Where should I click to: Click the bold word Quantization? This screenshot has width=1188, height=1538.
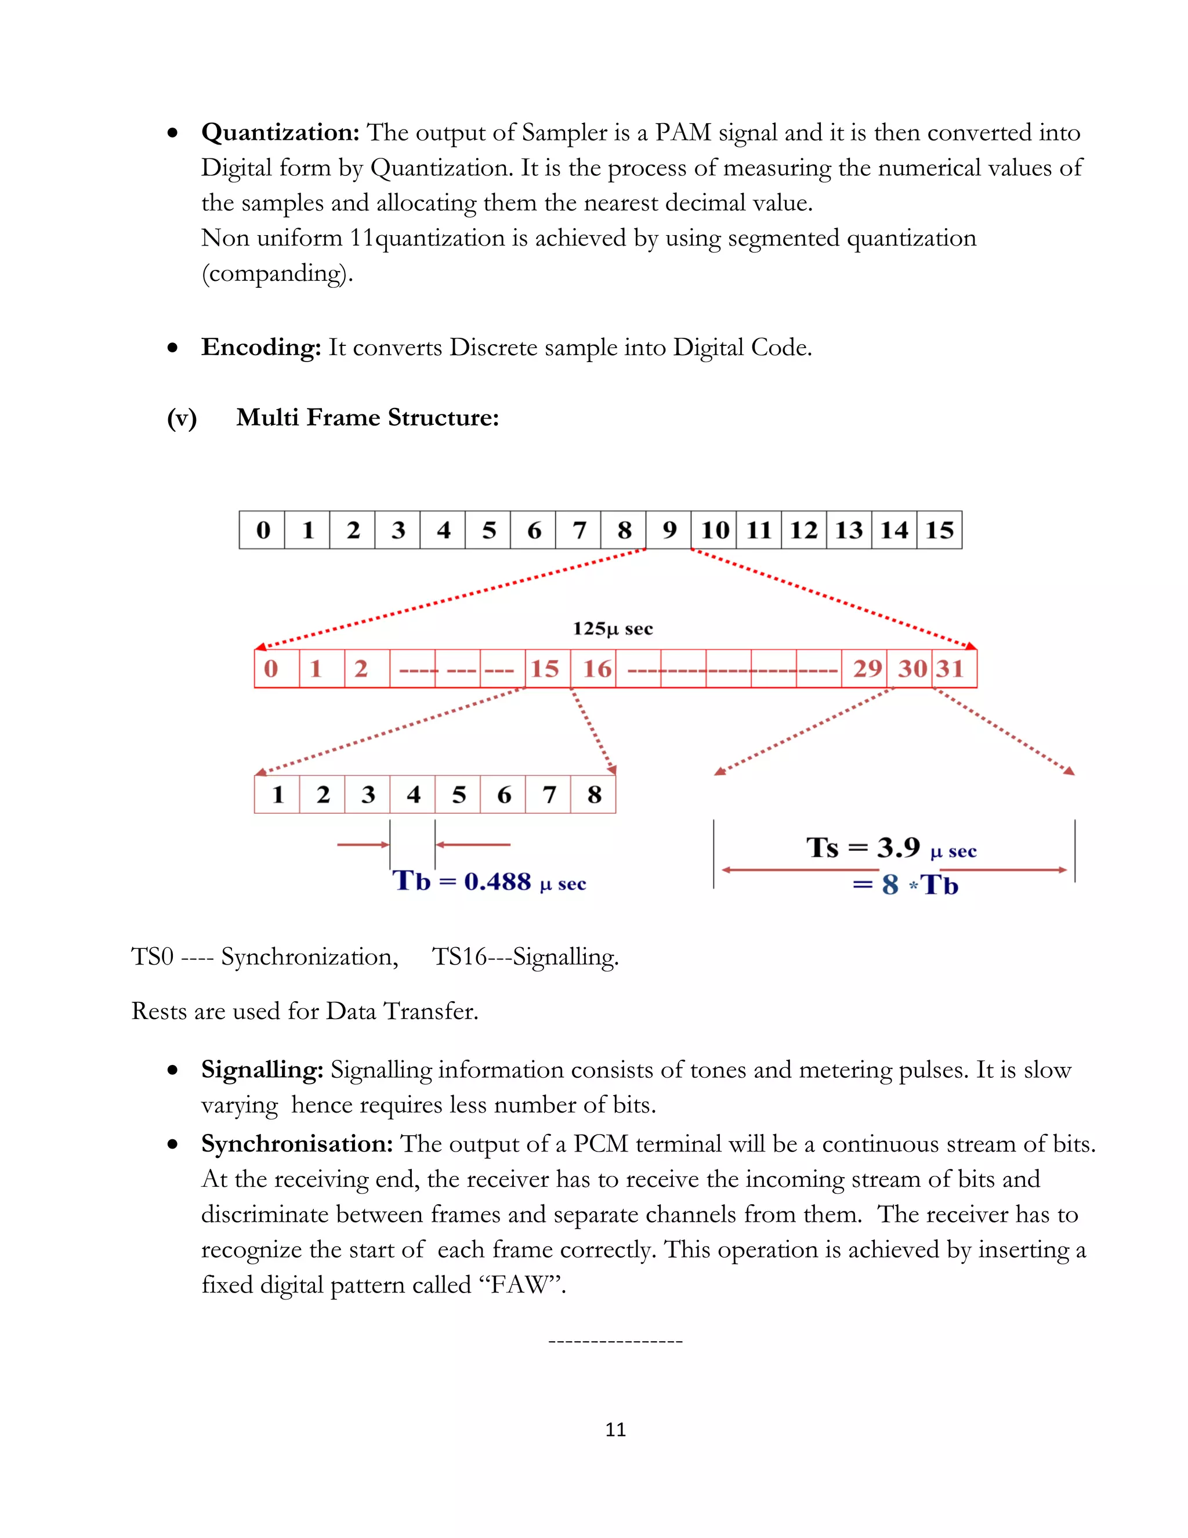(280, 132)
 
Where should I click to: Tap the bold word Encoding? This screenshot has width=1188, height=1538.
(261, 347)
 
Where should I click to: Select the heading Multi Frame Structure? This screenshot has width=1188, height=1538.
(367, 418)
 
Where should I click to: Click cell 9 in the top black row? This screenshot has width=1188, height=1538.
(669, 529)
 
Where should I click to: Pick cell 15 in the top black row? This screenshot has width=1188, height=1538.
(940, 529)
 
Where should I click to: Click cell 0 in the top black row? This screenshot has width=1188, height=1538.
(263, 529)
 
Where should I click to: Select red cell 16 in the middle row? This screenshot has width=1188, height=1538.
(597, 668)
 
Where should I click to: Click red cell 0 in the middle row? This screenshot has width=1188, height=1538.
(271, 668)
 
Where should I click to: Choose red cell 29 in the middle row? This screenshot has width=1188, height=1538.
(867, 668)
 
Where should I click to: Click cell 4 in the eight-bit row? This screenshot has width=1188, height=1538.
(413, 795)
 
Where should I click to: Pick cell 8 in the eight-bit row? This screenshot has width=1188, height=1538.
(594, 795)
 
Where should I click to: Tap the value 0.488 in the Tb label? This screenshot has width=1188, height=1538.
(497, 882)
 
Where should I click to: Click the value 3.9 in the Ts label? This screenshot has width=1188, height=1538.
(898, 847)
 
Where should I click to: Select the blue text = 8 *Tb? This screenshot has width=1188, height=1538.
(906, 885)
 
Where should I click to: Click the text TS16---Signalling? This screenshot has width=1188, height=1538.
(525, 957)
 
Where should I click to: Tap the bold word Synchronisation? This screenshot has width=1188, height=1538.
(297, 1144)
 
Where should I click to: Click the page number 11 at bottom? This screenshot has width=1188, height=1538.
(615, 1429)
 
